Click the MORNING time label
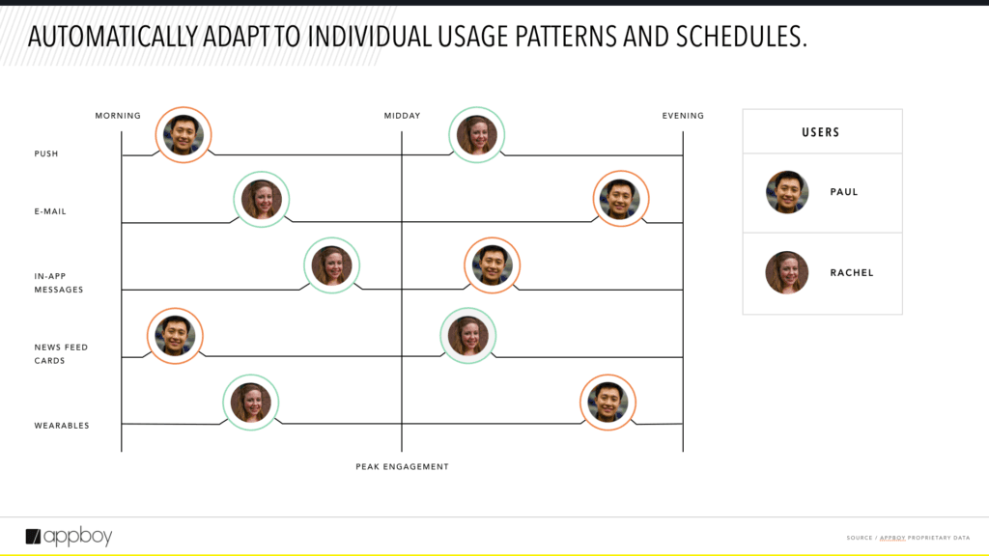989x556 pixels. pyautogui.click(x=118, y=116)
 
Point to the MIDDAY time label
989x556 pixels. pyautogui.click(x=403, y=116)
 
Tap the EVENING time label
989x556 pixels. pyautogui.click(x=683, y=116)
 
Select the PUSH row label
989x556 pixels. pyautogui.click(x=46, y=153)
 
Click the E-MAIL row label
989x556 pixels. pyautogui.click(x=50, y=211)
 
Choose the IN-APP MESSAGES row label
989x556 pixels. pyautogui.click(x=59, y=283)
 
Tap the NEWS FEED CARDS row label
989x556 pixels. pyautogui.click(x=61, y=353)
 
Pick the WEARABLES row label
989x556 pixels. pyautogui.click(x=62, y=426)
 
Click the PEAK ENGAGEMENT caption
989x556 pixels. pyautogui.click(x=403, y=467)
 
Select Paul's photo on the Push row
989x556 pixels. pyautogui.click(x=184, y=135)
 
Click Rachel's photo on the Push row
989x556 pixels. pyautogui.click(x=477, y=135)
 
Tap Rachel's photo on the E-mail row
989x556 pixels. pyautogui.click(x=262, y=199)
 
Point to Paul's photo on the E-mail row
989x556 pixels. pyautogui.click(x=621, y=199)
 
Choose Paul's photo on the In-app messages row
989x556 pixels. pyautogui.click(x=493, y=265)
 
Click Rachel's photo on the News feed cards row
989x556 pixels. pyautogui.click(x=468, y=336)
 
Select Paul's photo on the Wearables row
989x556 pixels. pyautogui.click(x=608, y=403)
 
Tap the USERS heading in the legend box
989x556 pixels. pyautogui.click(x=821, y=132)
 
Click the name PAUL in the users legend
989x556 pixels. pyautogui.click(x=844, y=192)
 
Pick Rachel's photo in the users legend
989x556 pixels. pyautogui.click(x=787, y=273)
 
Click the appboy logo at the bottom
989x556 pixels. pyautogui.click(x=69, y=537)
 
